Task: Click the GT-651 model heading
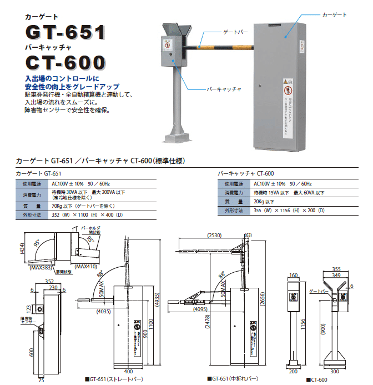coord(65,31)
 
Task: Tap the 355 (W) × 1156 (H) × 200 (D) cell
coord(289,211)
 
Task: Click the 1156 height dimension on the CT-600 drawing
coord(304,322)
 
